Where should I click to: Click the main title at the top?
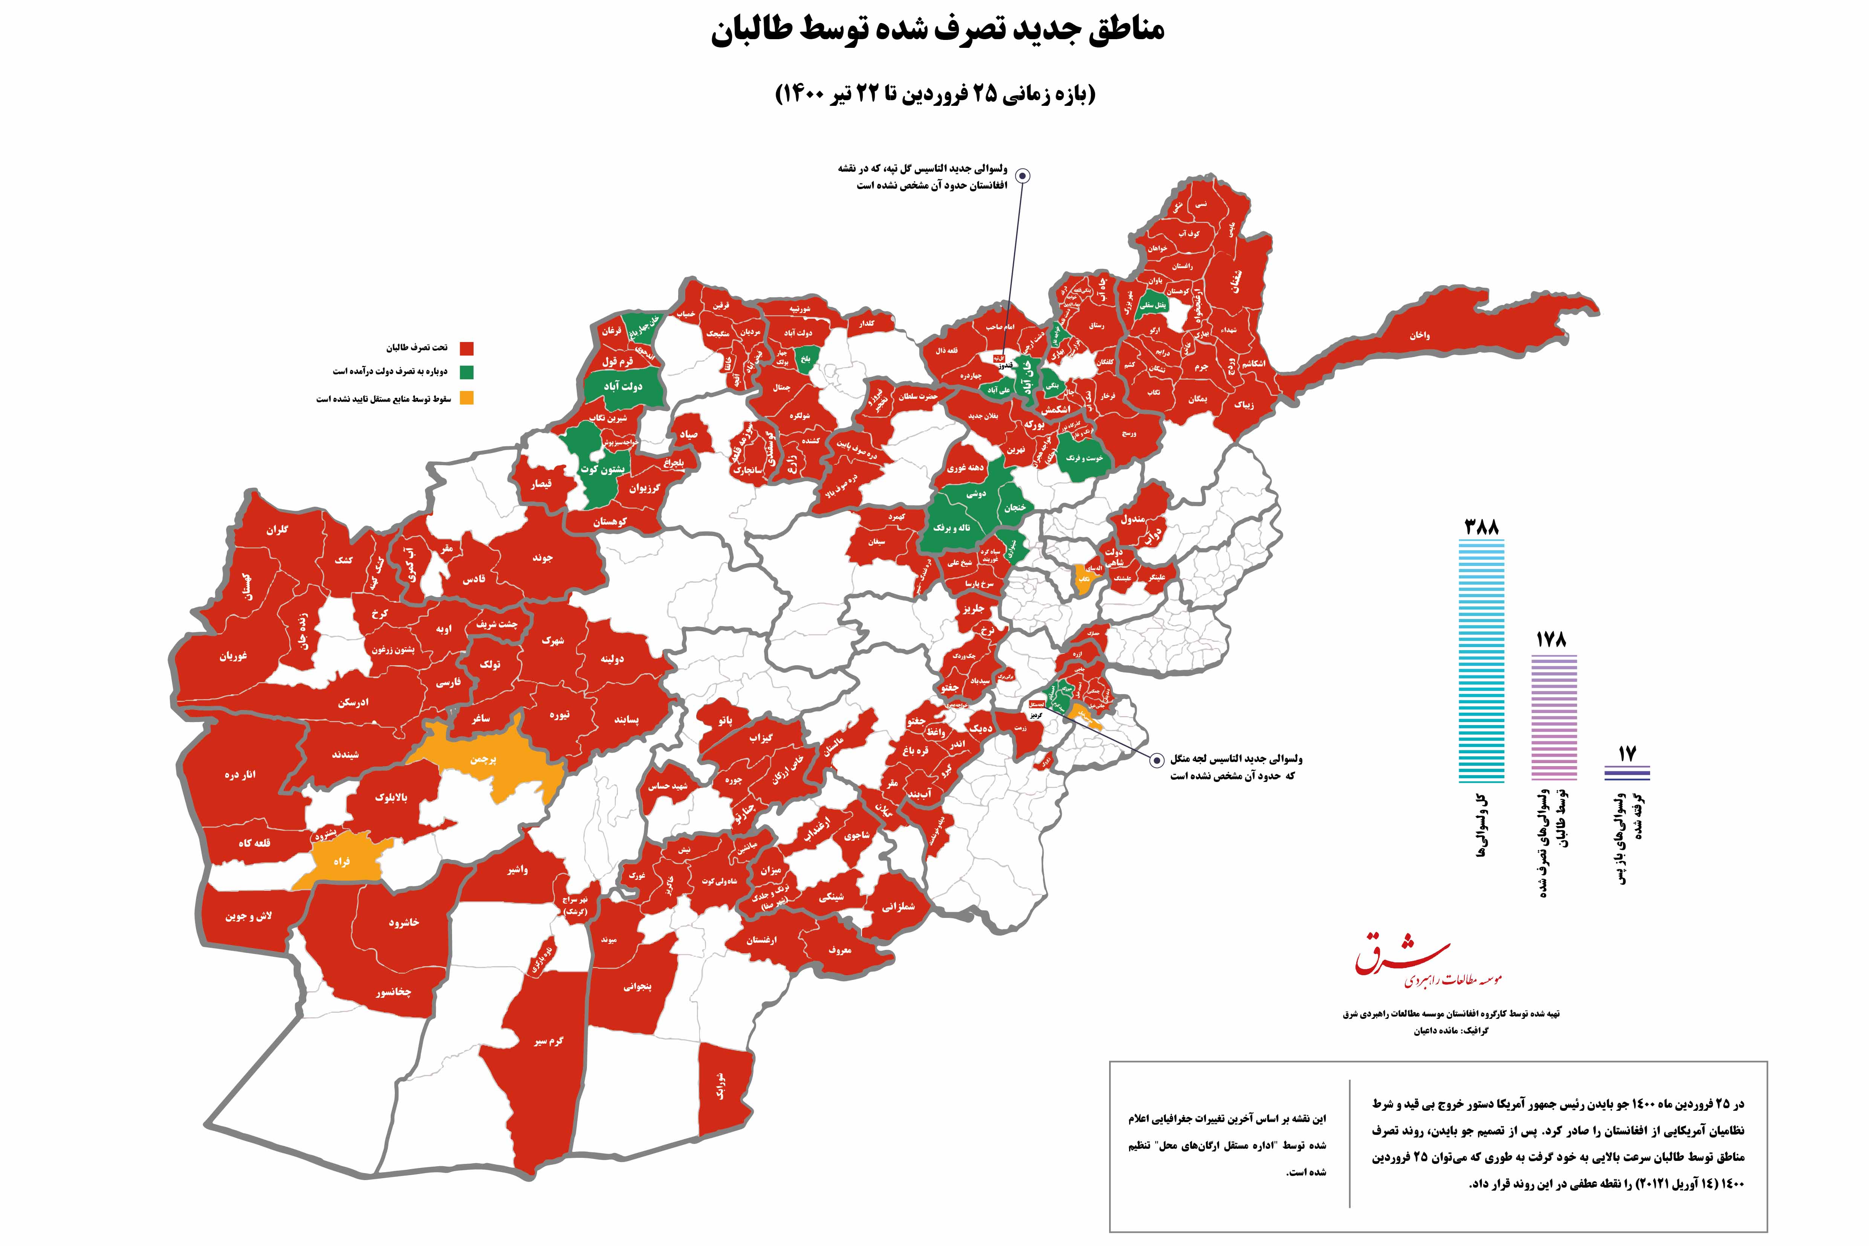tap(938, 32)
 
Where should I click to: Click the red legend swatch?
tap(467, 348)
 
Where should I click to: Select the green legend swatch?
tap(467, 372)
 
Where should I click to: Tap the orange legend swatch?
tap(467, 398)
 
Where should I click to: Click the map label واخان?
tap(1420, 335)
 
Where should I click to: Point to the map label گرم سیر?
tap(548, 1041)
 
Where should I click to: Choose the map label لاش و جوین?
tap(248, 916)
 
